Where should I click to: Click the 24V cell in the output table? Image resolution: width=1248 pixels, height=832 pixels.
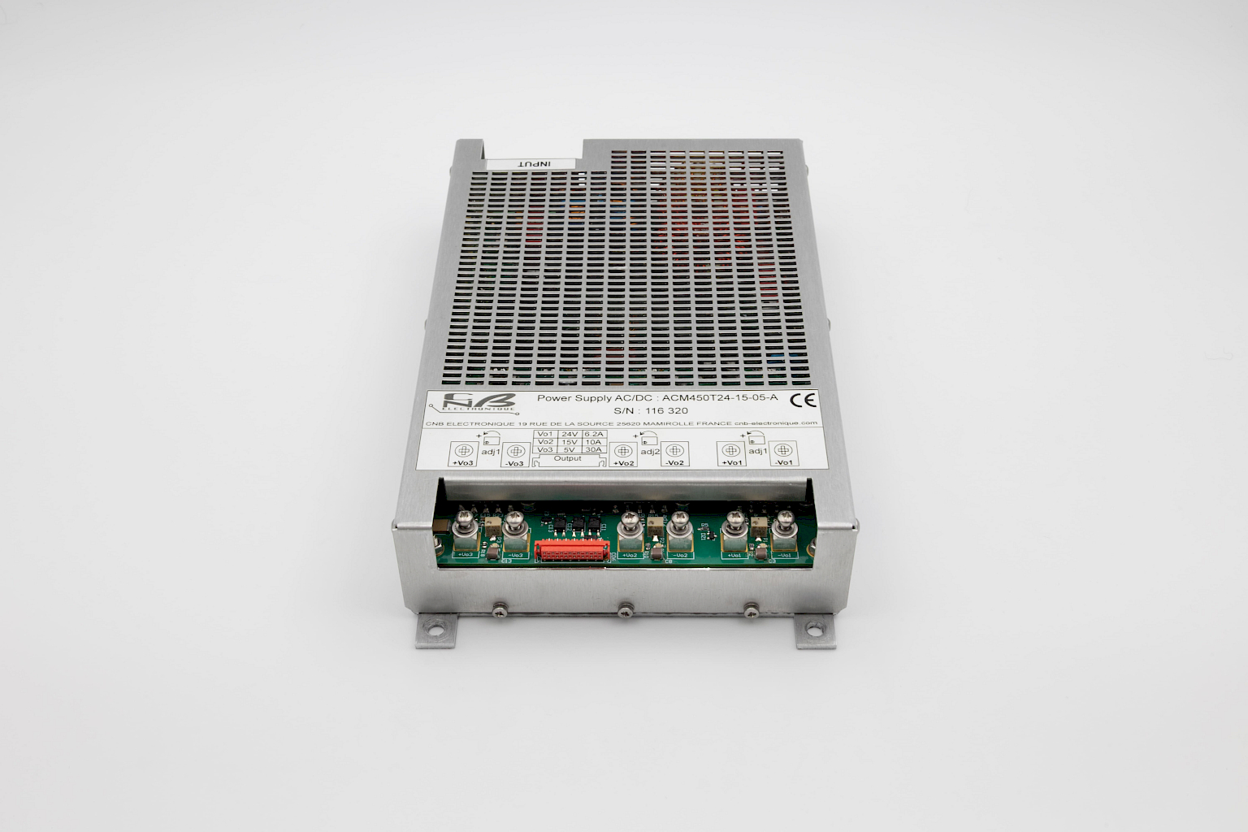pyautogui.click(x=570, y=435)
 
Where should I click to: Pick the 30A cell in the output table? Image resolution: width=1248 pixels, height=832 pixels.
pyautogui.click(x=594, y=449)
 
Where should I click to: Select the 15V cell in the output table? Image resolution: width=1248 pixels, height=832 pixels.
pyautogui.click(x=570, y=442)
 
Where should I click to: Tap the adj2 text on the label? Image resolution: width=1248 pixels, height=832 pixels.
pyautogui.click(x=649, y=451)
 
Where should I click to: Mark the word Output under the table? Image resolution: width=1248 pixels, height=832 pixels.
pyautogui.click(x=568, y=459)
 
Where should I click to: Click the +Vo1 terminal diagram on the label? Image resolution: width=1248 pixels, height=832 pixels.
pyautogui.click(x=731, y=452)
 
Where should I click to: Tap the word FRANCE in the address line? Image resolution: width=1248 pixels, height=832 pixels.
pyautogui.click(x=712, y=424)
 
